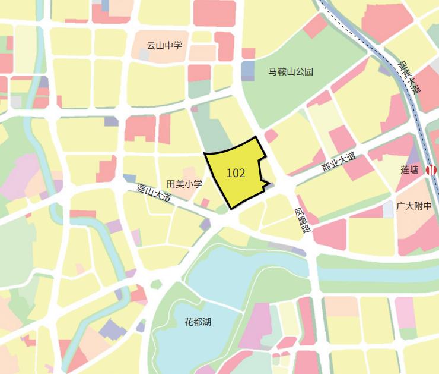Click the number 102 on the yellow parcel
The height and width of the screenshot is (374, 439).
[x=236, y=173]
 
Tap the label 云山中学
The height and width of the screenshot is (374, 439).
[x=164, y=45]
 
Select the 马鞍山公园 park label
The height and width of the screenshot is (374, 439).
[x=291, y=72]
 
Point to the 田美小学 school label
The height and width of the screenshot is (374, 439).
[x=184, y=184]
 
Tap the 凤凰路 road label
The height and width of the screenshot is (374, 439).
[x=303, y=221]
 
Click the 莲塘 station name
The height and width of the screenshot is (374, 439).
[x=409, y=170]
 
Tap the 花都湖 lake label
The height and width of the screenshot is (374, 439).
[x=198, y=322]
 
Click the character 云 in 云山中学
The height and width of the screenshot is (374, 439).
[x=151, y=45]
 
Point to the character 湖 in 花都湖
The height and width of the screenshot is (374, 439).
[x=206, y=322]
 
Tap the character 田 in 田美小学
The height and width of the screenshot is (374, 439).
[x=171, y=184]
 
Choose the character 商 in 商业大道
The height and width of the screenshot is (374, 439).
[x=325, y=169]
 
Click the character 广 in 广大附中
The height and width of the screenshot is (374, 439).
[x=400, y=206]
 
